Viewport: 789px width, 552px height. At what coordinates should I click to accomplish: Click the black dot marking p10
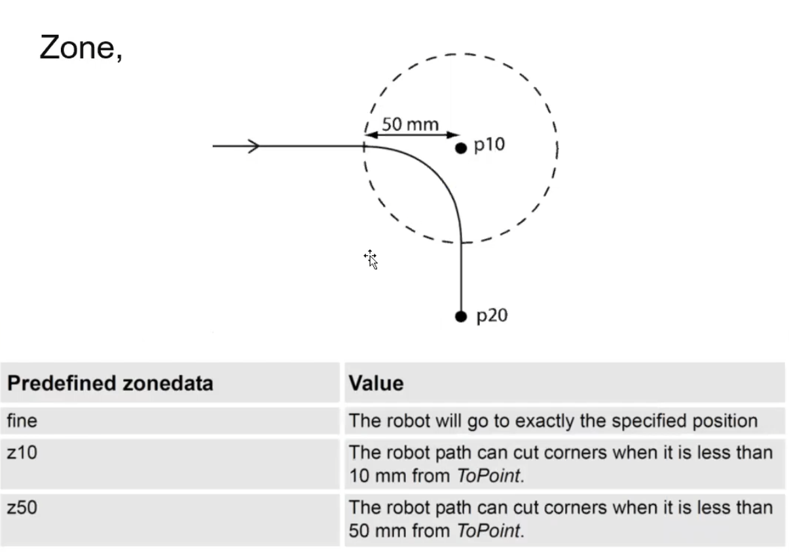[x=461, y=148]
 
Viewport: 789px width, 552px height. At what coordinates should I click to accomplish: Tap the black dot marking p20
[x=461, y=316]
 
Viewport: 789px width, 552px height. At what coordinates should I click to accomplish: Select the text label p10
[x=489, y=145]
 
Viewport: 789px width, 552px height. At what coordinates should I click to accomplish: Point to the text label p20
[x=491, y=316]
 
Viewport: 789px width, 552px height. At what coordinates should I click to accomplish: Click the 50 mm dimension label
[x=411, y=124]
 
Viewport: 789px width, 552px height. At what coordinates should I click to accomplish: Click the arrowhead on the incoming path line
[x=253, y=146]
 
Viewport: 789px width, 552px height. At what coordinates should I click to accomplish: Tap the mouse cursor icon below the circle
[x=371, y=259]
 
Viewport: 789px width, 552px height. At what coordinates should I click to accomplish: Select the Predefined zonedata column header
[x=110, y=383]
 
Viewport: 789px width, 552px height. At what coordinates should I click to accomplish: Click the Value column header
[x=376, y=383]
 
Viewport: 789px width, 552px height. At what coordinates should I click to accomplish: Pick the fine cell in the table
[x=22, y=420]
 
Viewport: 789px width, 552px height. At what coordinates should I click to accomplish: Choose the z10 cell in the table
[x=22, y=452]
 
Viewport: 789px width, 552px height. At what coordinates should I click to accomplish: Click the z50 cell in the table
[x=22, y=507]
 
